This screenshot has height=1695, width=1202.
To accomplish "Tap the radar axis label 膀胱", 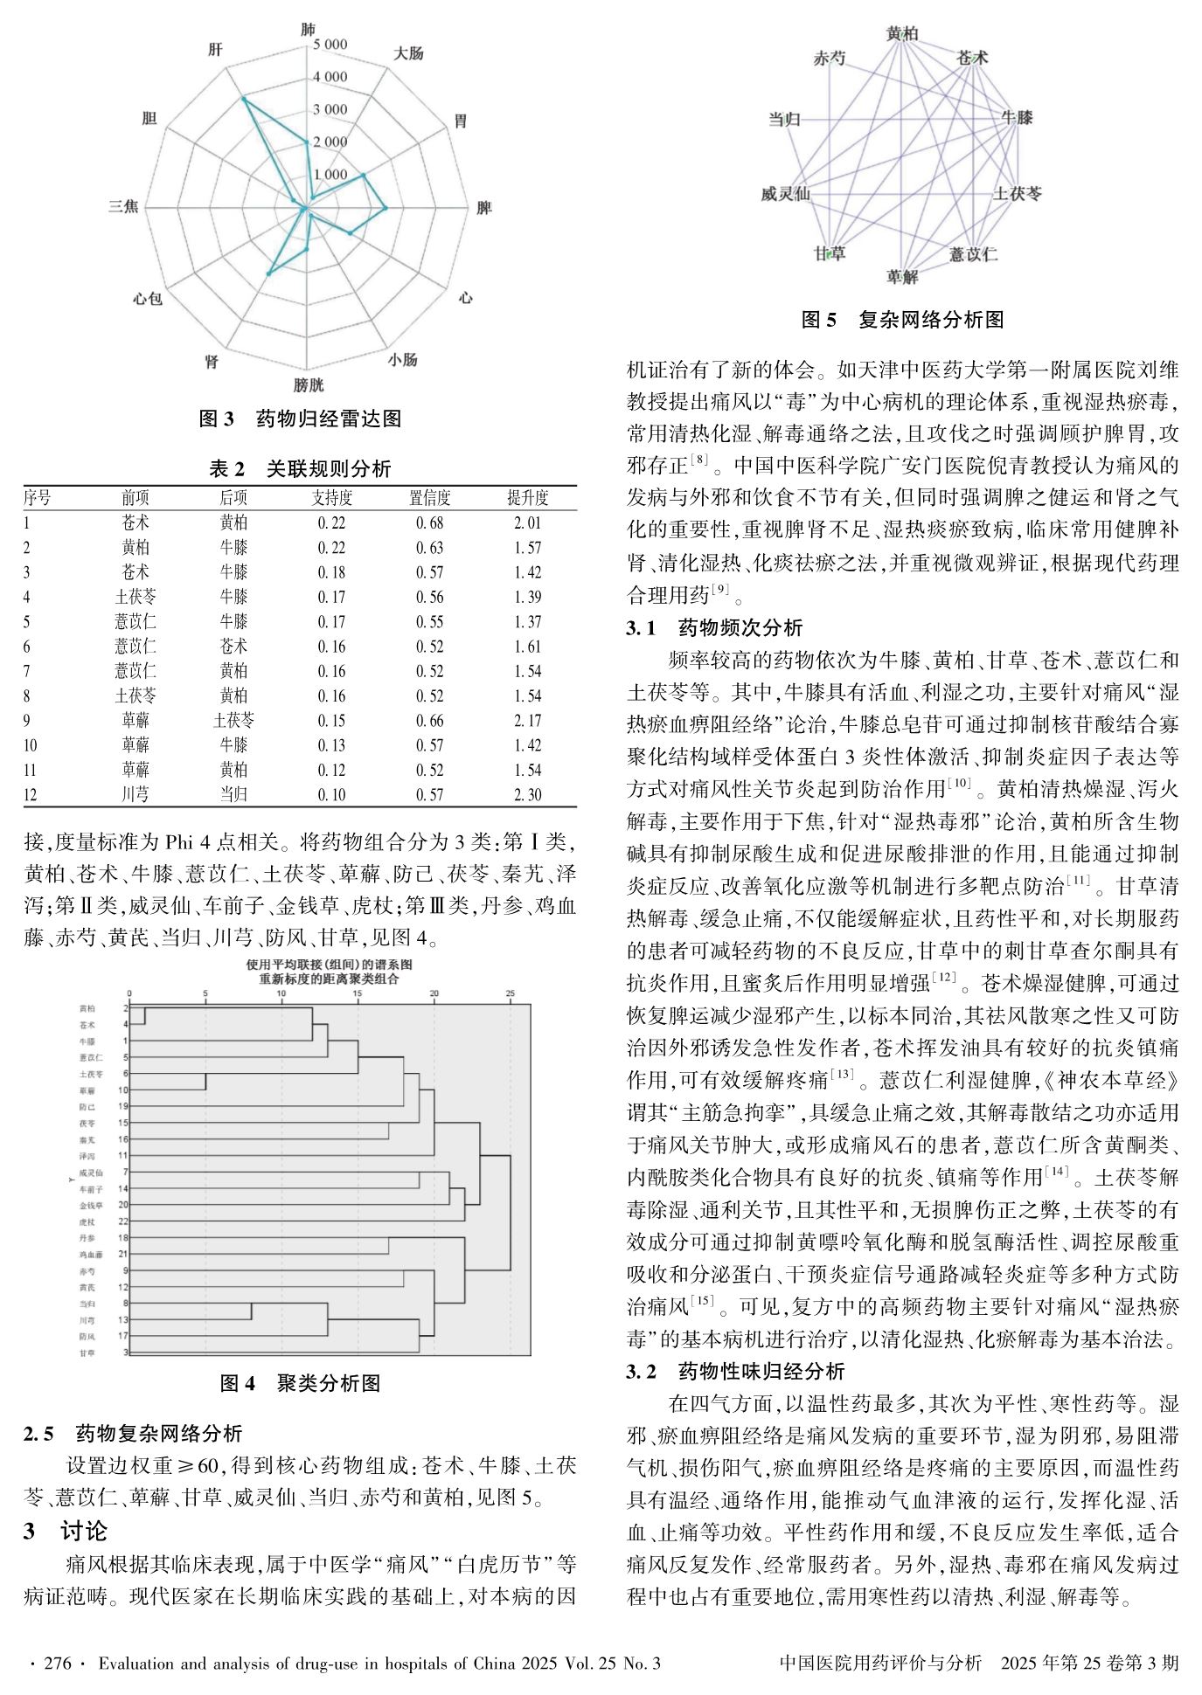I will point(308,384).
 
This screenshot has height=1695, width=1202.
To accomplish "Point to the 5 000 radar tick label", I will point(330,45).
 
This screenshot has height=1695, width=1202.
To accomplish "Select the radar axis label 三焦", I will point(122,206).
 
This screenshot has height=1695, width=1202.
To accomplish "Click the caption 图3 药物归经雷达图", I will point(300,419).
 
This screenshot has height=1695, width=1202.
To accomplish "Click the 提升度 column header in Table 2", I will point(528,498).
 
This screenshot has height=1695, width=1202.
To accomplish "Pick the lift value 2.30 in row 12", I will point(528,795).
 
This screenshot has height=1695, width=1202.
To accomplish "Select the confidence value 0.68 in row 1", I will point(429,523).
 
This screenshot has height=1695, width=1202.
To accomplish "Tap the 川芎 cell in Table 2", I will point(135,795).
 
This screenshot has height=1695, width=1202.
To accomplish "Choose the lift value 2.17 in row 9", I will point(528,721).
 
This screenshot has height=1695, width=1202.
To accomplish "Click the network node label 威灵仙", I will point(785,194).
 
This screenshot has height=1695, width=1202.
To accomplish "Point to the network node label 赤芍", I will point(830,59).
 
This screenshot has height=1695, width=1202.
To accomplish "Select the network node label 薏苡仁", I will point(973,254).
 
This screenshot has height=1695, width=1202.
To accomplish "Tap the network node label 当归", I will point(784,119).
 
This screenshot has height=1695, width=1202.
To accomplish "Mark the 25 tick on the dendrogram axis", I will point(511,993).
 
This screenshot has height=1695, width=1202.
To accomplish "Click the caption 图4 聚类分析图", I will point(300,1383).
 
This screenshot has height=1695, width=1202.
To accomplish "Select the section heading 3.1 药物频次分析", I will point(714,627).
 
